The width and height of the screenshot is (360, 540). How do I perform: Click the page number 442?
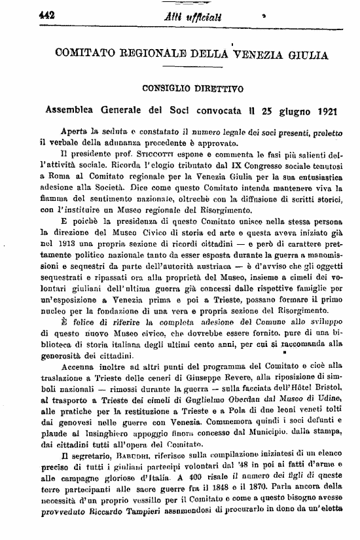click(13, 9)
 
